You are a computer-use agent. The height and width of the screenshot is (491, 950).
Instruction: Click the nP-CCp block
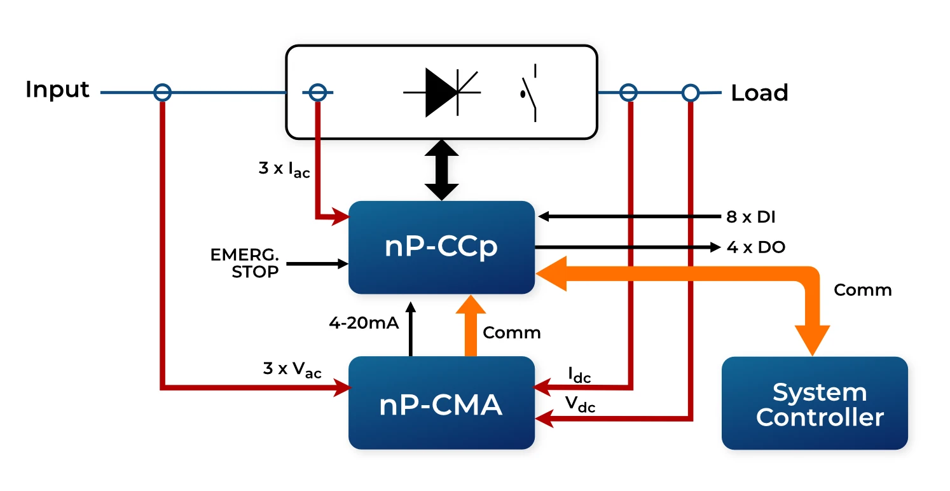coord(441,247)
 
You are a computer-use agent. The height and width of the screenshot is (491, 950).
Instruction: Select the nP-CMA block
coord(441,403)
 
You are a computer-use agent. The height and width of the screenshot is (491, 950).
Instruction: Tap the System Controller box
coord(814,404)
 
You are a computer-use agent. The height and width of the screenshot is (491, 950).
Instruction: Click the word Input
coord(57,90)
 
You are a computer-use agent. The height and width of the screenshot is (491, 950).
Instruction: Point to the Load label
coord(759,93)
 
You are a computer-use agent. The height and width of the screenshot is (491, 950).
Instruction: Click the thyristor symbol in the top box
coord(443,93)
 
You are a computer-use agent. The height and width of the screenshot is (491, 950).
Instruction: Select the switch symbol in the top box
coord(529,93)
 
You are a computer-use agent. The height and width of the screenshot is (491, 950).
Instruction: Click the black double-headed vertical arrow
coord(441,170)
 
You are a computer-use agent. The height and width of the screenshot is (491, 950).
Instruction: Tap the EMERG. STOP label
coord(245,263)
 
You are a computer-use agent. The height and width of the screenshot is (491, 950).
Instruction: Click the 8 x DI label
coord(751,217)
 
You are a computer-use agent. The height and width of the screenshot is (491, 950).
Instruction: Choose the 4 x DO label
coord(755,247)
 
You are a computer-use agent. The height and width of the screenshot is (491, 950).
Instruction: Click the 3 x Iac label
coord(284,170)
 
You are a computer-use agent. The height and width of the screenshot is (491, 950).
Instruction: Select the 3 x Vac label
coord(292,370)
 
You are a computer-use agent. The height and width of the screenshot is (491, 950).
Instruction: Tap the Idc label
coord(579,375)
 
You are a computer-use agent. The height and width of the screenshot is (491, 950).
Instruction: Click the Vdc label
coord(580,403)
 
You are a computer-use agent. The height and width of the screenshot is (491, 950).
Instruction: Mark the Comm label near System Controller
coord(862,290)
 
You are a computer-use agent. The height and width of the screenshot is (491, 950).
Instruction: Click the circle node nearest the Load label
coord(691,93)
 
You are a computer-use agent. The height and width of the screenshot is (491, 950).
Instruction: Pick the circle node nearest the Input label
coord(163,93)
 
